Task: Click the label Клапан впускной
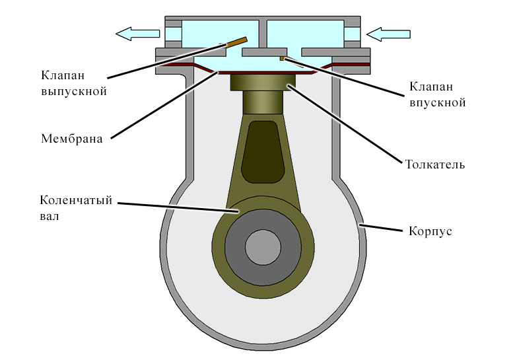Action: (x=437, y=94)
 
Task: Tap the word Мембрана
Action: (x=72, y=139)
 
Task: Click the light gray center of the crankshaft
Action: (x=263, y=248)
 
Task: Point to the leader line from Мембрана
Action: (x=165, y=105)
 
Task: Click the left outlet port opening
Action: (x=172, y=32)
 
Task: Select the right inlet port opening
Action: (x=354, y=32)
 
